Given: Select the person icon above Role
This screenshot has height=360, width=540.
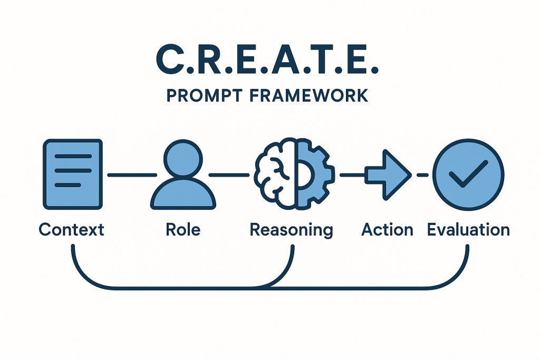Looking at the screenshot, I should tap(183, 176).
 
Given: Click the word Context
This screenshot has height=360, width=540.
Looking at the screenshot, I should tap(72, 230).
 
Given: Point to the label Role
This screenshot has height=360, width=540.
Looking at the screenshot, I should tap(183, 230).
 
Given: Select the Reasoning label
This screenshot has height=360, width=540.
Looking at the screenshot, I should tap(291, 230).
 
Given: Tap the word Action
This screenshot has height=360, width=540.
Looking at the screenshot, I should tap(387, 230).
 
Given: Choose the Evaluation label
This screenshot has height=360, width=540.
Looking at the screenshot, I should tap(468, 230).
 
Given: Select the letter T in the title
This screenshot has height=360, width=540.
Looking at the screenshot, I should tap(328, 61).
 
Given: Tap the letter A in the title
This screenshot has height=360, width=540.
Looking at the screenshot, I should tap(290, 61).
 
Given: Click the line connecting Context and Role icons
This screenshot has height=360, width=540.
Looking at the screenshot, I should tap(131, 174).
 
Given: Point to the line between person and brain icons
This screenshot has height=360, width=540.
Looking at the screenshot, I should tap(229, 174).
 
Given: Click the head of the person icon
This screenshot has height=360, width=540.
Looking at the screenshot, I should tap(183, 157).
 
